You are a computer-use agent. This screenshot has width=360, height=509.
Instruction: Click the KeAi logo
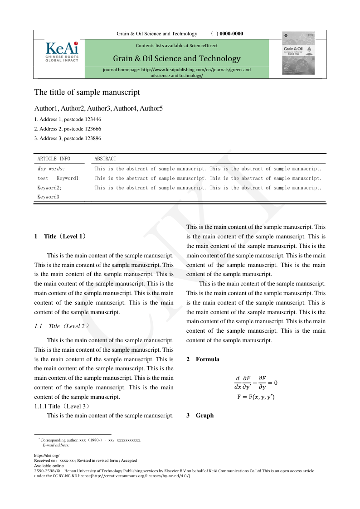pyautogui.click(x=62, y=52)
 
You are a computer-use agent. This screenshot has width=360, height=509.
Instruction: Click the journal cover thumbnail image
pyautogui.click(x=298, y=55)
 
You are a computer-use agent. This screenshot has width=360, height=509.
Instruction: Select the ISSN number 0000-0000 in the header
pyautogui.click(x=231, y=34)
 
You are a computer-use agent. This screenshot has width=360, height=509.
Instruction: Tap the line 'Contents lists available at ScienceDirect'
pyautogui.click(x=176, y=45)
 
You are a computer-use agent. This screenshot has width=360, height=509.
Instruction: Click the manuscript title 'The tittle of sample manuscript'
pyautogui.click(x=87, y=92)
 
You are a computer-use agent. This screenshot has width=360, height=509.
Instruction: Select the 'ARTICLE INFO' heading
pyautogui.click(x=54, y=159)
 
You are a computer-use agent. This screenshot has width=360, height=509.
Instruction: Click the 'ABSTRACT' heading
pyautogui.click(x=105, y=159)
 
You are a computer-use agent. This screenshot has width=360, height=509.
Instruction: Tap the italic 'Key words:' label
pyautogui.click(x=51, y=169)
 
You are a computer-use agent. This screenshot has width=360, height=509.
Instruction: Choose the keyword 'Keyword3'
pyautogui.click(x=49, y=197)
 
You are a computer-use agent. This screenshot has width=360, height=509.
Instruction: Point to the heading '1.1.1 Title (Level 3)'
pyautogui.click(x=62, y=406)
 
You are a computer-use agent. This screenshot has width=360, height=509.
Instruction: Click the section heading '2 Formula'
pyautogui.click(x=203, y=359)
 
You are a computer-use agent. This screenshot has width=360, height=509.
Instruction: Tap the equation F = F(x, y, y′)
pyautogui.click(x=256, y=397)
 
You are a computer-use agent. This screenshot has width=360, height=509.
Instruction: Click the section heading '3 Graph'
pyautogui.click(x=200, y=416)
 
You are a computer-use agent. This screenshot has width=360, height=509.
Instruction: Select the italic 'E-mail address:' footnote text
pyautogui.click(x=56, y=445)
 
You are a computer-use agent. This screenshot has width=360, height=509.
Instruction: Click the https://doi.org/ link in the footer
pyautogui.click(x=47, y=456)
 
